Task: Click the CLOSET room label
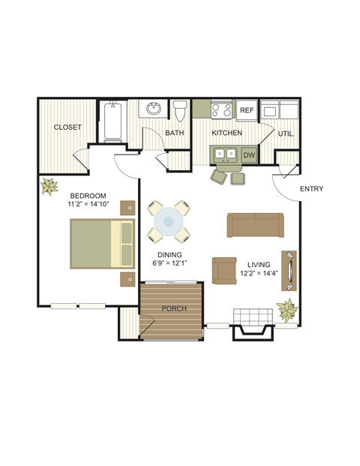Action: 67,127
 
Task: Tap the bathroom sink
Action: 154,109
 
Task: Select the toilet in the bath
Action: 179,111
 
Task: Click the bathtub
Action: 113,122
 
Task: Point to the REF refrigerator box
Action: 247,110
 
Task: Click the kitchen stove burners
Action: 222,110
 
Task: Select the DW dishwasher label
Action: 250,155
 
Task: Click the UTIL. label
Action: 286,134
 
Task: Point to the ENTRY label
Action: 311,188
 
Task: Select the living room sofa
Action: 256,224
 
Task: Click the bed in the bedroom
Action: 101,242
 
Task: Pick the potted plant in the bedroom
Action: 50,185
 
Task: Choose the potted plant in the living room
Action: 286,308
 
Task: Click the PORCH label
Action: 173,308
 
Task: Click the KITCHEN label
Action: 226,133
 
